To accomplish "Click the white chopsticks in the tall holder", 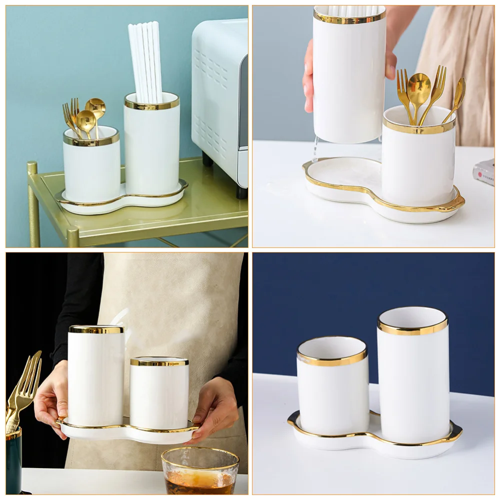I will tap(145, 60).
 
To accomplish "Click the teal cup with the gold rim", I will tap(13, 462).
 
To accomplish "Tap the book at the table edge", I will tap(484, 172).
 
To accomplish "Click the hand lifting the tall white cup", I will tap(308, 75).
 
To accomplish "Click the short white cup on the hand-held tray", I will tap(159, 395).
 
